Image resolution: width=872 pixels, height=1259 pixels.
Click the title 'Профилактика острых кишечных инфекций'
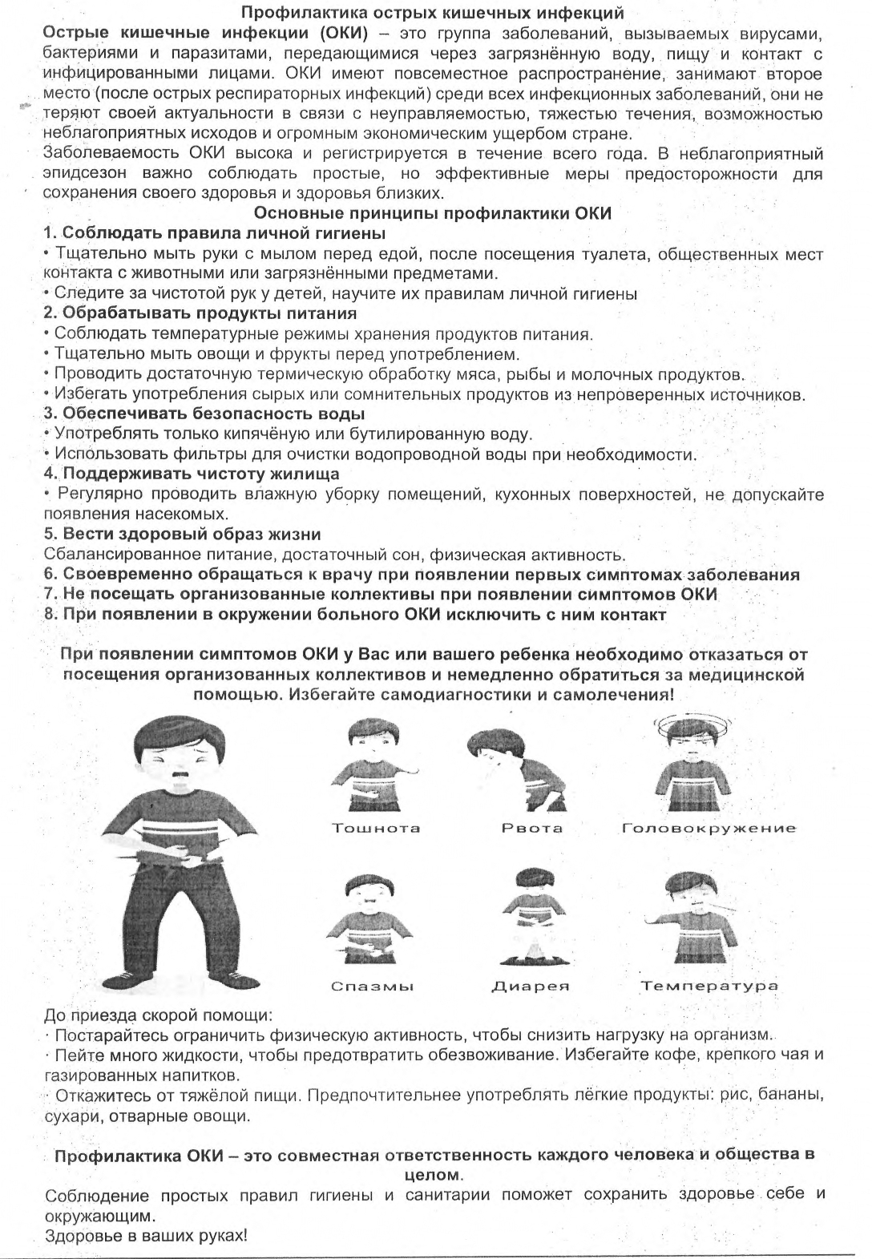tap(433, 13)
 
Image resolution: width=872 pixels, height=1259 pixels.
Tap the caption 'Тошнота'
tap(376, 828)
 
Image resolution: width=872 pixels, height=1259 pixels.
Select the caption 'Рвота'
tap(532, 828)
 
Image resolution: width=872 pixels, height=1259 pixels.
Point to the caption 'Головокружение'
tap(709, 828)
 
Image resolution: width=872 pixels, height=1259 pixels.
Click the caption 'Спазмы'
tap(373, 986)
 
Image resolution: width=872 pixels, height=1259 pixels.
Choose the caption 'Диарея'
tap(531, 986)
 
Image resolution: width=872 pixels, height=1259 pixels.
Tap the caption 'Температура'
tap(709, 986)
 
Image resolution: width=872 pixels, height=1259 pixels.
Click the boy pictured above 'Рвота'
tap(513, 769)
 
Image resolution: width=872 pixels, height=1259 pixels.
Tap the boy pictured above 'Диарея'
tap(529, 918)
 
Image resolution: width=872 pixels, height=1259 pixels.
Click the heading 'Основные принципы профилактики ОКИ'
tap(432, 213)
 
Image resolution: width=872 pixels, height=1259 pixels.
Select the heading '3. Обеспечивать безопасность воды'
tap(204, 414)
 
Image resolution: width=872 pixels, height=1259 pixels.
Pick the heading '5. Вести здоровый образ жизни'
tap(182, 534)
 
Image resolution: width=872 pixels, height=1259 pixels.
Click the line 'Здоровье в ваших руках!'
tap(146, 1235)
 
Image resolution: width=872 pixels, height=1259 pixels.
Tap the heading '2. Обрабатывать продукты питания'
tap(200, 313)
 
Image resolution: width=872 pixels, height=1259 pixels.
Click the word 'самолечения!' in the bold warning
tap(618, 694)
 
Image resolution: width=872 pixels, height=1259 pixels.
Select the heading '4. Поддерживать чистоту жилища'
tap(192, 474)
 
